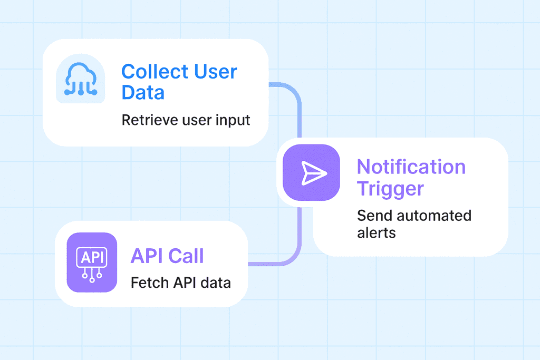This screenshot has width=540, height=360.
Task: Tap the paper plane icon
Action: tap(311, 173)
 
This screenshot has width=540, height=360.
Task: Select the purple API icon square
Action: tap(92, 262)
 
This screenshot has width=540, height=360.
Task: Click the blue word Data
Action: tap(143, 93)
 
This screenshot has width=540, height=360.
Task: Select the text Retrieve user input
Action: tap(186, 120)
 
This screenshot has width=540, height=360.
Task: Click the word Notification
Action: tap(411, 167)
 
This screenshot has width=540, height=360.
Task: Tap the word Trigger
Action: tap(390, 188)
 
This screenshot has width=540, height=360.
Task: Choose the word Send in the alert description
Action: tap(373, 216)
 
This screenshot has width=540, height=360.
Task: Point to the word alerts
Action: tap(376, 232)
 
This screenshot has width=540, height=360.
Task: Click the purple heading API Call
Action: tap(167, 256)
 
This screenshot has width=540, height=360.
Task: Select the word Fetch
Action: tap(150, 283)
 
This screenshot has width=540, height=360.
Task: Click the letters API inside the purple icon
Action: tap(92, 258)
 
